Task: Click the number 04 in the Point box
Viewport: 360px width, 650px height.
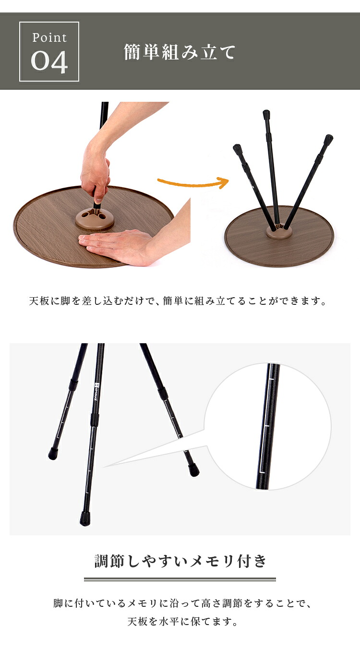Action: (49, 61)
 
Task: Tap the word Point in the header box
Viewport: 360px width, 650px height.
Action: (49, 38)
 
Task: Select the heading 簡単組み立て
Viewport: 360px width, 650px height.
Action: (180, 52)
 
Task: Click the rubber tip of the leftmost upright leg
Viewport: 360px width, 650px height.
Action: (237, 148)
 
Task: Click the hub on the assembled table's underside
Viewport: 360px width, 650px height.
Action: (278, 231)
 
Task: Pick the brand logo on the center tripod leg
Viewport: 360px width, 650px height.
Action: (96, 392)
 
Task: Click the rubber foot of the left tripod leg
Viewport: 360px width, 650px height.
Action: (53, 454)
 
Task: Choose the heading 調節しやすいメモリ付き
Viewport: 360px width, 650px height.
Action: (180, 561)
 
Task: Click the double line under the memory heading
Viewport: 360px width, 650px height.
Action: (180, 579)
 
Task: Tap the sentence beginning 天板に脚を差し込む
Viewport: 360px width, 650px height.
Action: (178, 301)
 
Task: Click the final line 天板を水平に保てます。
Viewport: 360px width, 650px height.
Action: (183, 622)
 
